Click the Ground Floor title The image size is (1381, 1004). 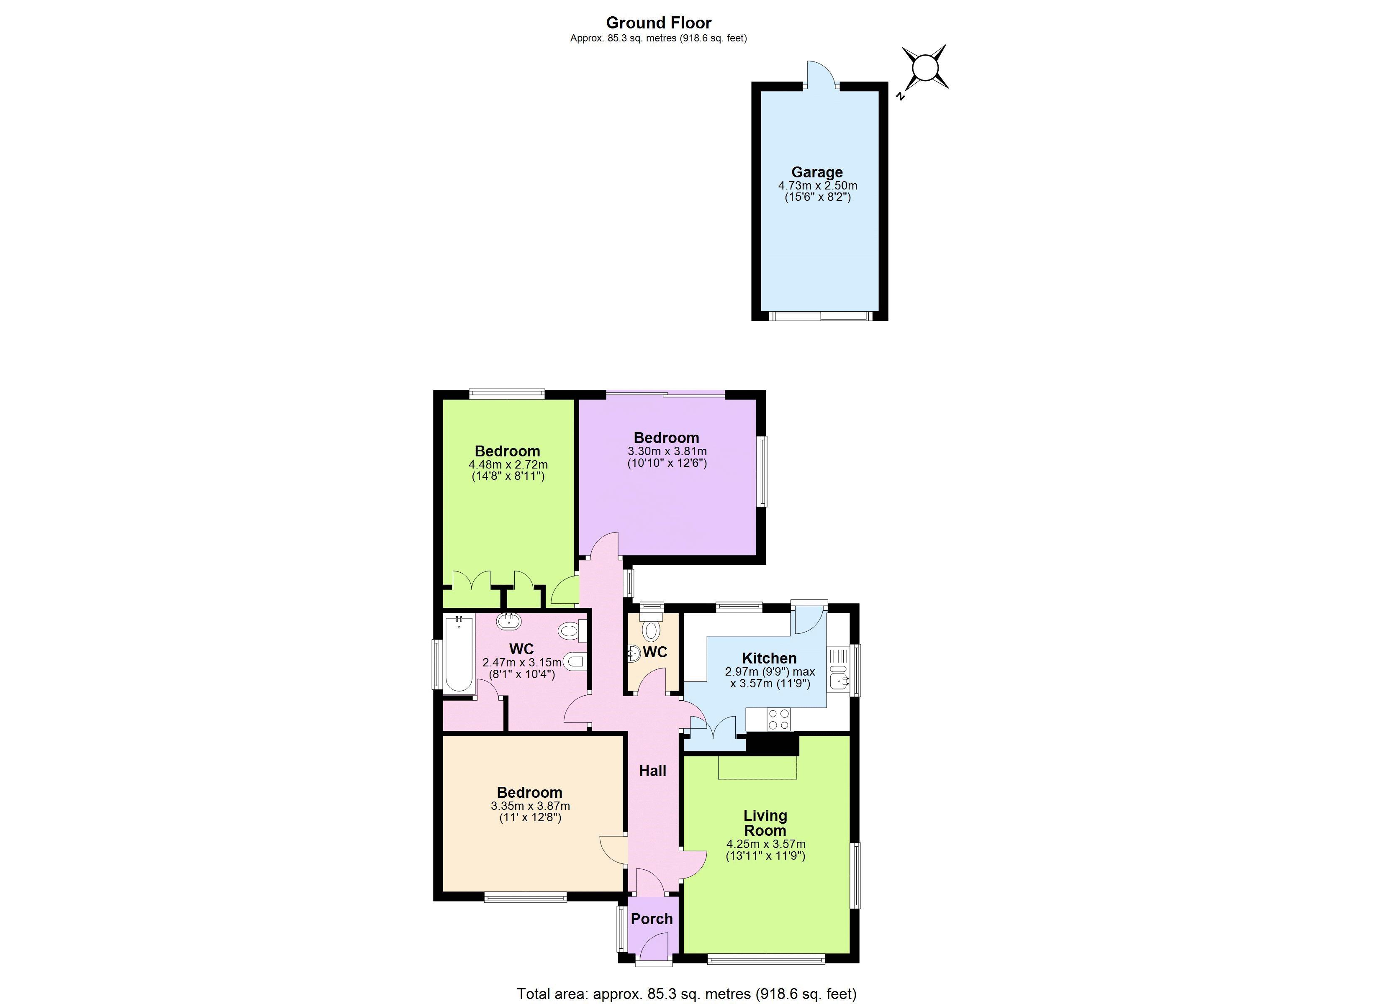pyautogui.click(x=658, y=23)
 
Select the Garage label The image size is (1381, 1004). pyautogui.click(x=816, y=172)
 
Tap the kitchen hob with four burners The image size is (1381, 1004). pyautogui.click(x=778, y=719)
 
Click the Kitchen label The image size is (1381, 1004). pyautogui.click(x=769, y=658)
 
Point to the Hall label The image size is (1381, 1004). pyautogui.click(x=652, y=771)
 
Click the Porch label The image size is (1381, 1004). pyautogui.click(x=652, y=919)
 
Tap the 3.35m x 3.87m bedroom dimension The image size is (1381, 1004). pyautogui.click(x=530, y=806)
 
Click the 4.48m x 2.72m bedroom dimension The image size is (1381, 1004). pyautogui.click(x=508, y=464)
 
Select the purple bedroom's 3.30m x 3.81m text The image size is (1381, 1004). pyautogui.click(x=667, y=451)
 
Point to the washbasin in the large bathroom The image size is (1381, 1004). pyautogui.click(x=508, y=622)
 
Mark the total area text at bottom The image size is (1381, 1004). pyautogui.click(x=686, y=994)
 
